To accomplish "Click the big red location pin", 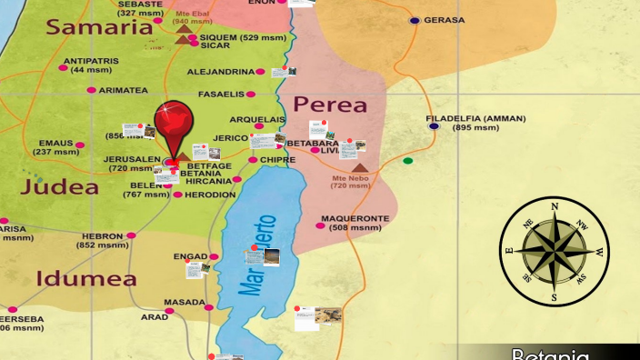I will [x=173, y=123].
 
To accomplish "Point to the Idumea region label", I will [x=86, y=278].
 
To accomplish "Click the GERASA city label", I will [x=445, y=20].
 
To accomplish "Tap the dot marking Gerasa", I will [x=415, y=20].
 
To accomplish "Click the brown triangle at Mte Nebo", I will [x=360, y=168].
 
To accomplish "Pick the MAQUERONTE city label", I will [x=355, y=219].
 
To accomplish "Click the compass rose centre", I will [x=554, y=251].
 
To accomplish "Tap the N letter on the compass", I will [x=555, y=206].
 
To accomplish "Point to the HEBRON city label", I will [x=101, y=235].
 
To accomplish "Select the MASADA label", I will [x=184, y=302].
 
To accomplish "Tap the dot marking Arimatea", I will [x=91, y=90].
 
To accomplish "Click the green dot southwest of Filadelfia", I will [x=407, y=161].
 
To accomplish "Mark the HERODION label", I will [x=210, y=195].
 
